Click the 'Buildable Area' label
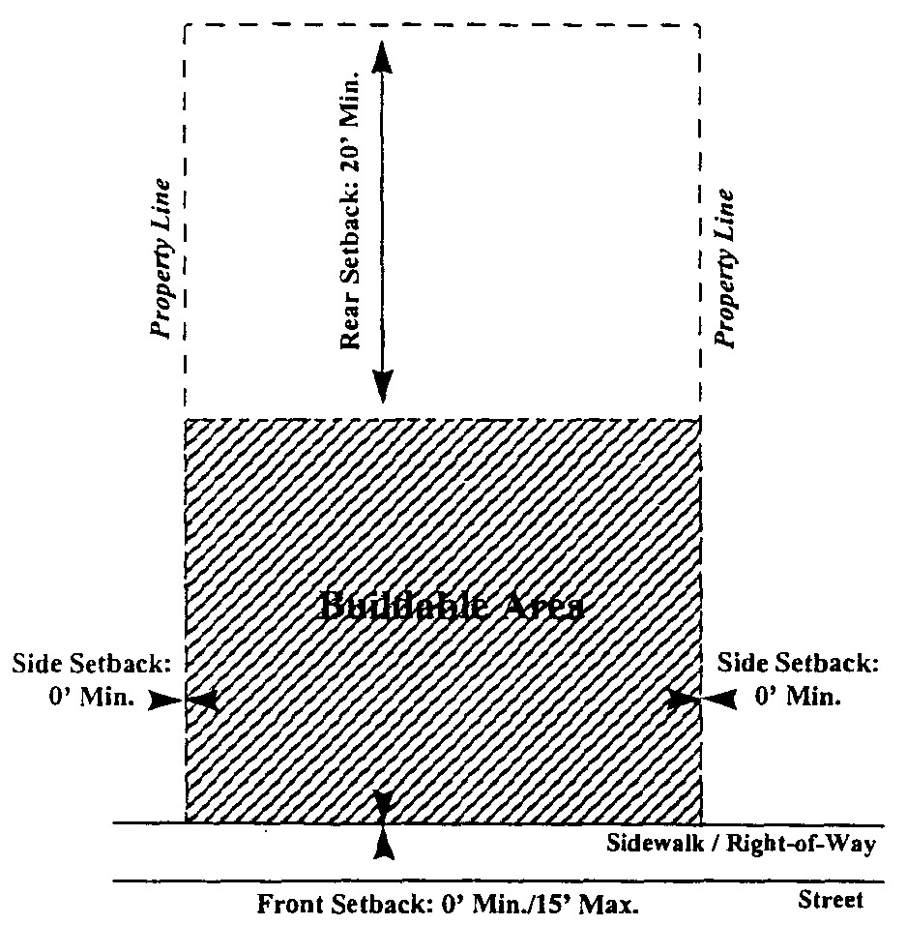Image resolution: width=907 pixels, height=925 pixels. [452, 607]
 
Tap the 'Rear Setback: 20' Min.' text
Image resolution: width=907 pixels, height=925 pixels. [349, 209]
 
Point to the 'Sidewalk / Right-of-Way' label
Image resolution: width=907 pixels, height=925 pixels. [741, 844]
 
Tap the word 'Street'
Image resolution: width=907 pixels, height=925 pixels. [829, 900]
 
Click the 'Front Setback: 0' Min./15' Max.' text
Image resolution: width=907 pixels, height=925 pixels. [449, 906]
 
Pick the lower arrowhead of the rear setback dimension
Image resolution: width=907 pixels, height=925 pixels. [384, 387]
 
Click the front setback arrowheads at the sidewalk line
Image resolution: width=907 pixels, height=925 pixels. [384, 823]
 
